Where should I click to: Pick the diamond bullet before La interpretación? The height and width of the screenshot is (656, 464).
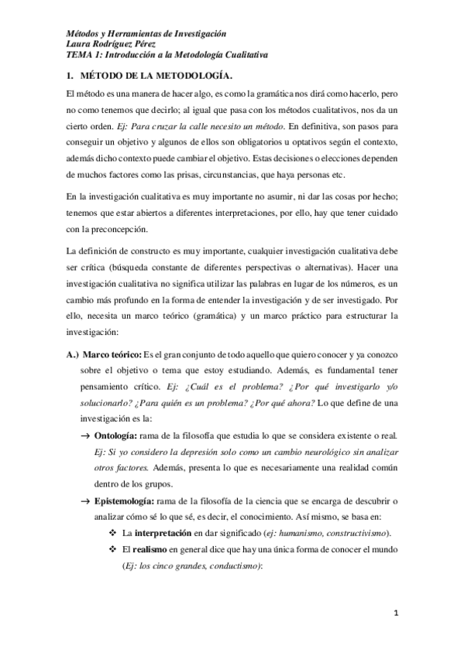point(115,533)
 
